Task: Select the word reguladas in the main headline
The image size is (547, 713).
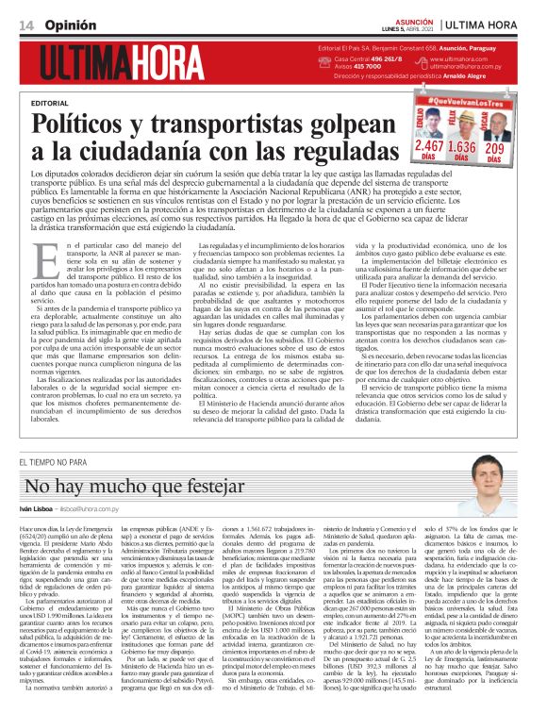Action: (x=305, y=150)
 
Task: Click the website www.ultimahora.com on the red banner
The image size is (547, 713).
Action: (x=462, y=58)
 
